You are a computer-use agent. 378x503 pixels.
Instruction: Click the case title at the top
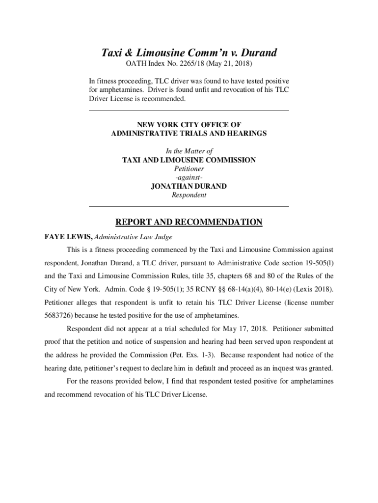[x=189, y=53]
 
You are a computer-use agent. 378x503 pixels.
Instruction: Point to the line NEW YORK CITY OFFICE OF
[x=189, y=125]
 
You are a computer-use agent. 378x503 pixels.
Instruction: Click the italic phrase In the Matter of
[x=189, y=151]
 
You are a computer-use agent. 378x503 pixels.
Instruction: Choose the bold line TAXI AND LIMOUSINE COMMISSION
[x=189, y=160]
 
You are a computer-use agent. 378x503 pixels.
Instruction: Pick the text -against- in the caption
[x=189, y=177]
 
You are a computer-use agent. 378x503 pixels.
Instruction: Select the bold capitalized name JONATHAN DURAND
[x=189, y=186]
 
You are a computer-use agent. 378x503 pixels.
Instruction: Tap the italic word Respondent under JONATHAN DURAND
[x=189, y=195]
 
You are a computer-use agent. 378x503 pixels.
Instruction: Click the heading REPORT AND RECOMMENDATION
[x=189, y=223]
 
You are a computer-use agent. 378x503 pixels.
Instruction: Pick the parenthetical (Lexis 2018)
[x=311, y=288]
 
